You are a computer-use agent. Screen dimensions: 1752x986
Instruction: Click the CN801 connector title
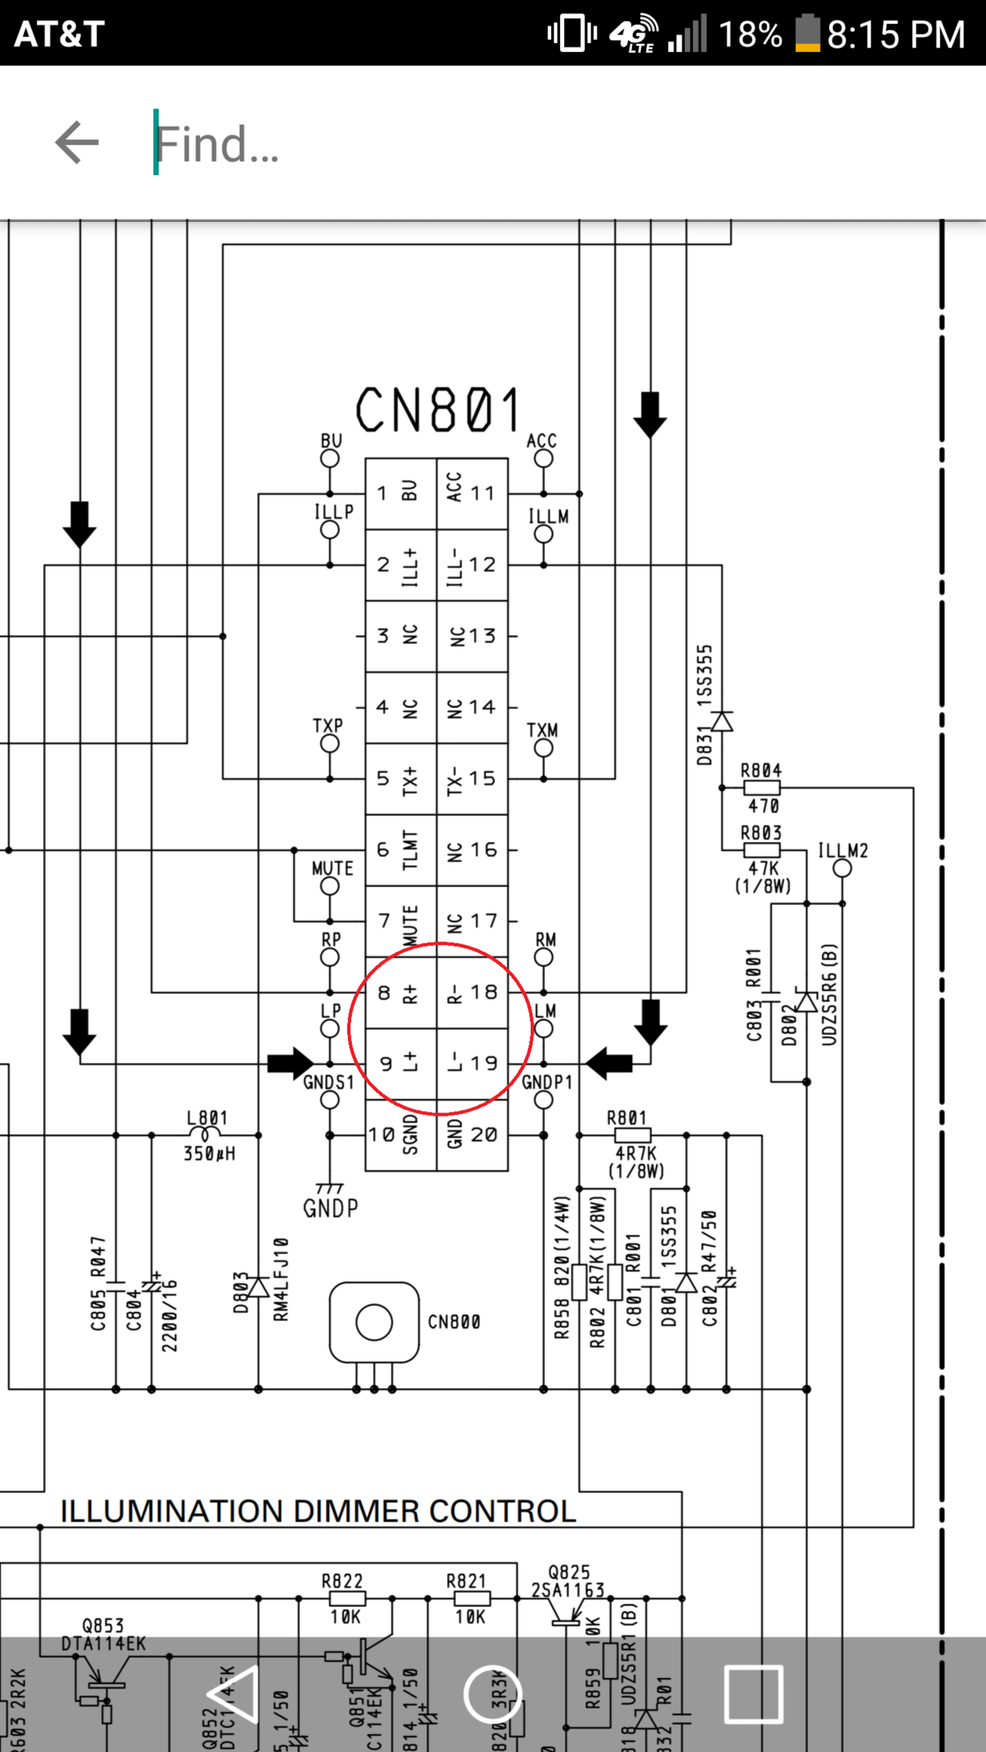[x=438, y=410]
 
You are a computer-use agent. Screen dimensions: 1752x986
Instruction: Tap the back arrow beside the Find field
[x=77, y=143]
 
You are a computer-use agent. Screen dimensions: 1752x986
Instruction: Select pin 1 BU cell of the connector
[x=401, y=493]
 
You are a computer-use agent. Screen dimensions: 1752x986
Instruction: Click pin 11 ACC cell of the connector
[x=473, y=493]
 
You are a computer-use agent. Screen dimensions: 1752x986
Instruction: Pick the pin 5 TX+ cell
[x=401, y=779]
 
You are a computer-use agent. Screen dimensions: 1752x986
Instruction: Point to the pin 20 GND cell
[x=473, y=1135]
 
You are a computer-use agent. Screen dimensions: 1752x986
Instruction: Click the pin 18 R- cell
[x=473, y=993]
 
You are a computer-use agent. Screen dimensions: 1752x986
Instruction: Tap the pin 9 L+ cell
[x=401, y=1064]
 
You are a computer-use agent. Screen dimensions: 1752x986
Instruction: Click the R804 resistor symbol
[x=761, y=788]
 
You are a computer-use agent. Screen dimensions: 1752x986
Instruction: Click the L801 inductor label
[x=207, y=1118]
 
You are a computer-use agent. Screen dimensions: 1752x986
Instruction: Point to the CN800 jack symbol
[x=374, y=1323]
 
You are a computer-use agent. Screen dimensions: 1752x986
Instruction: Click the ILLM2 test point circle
[x=843, y=869]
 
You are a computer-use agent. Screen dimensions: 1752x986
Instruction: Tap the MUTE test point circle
[x=330, y=886]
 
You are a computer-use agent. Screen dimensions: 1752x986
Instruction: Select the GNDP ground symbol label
[x=331, y=1208]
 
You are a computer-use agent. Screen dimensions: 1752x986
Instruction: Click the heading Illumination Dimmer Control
[x=318, y=1511]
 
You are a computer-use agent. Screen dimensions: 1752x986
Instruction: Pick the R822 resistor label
[x=342, y=1581]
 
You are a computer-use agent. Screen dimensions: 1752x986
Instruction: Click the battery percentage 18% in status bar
[x=750, y=35]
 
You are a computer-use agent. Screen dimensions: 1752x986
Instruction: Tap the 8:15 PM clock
[x=895, y=35]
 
